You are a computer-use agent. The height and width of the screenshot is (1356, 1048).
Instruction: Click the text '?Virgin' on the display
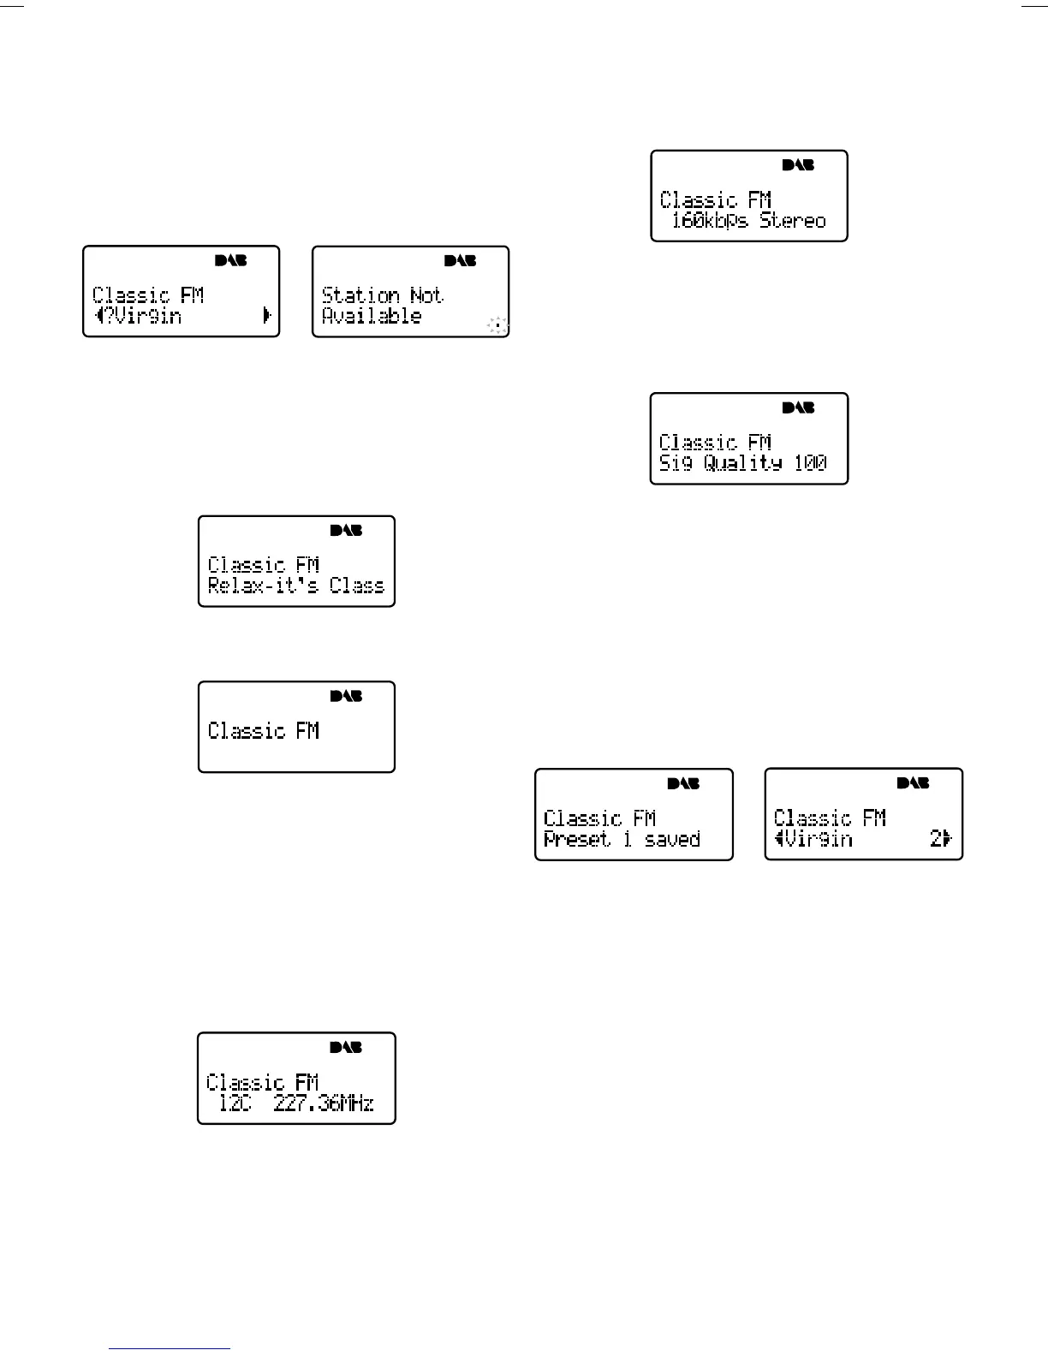click(x=144, y=316)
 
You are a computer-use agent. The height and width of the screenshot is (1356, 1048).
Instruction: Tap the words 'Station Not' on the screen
click(x=382, y=295)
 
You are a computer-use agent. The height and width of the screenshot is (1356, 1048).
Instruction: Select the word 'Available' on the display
click(x=372, y=316)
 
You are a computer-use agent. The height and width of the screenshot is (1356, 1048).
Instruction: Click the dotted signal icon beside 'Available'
click(x=497, y=325)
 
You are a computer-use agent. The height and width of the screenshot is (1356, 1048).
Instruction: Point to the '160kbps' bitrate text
click(x=710, y=221)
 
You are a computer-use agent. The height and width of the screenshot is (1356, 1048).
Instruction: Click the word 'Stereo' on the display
click(x=793, y=221)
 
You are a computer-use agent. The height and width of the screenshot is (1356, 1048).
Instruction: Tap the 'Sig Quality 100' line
click(x=742, y=463)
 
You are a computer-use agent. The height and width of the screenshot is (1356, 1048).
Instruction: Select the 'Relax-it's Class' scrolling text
click(x=296, y=586)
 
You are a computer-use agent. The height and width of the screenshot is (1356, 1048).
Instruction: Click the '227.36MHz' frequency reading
click(x=324, y=1103)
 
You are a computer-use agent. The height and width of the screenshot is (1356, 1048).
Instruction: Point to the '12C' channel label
click(x=235, y=1103)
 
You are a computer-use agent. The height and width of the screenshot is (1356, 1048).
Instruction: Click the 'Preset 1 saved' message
click(x=622, y=840)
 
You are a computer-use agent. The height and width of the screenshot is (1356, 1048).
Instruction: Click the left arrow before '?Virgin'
click(x=99, y=316)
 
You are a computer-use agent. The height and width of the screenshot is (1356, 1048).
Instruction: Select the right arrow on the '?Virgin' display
click(x=267, y=316)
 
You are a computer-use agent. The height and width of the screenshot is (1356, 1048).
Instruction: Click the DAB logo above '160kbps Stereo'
click(x=798, y=164)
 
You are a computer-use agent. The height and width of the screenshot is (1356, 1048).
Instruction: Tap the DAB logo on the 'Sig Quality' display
click(x=798, y=407)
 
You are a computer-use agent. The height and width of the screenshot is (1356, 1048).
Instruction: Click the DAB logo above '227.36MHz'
click(x=346, y=1047)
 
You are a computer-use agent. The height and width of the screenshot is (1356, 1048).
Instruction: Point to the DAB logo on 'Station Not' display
click(x=460, y=260)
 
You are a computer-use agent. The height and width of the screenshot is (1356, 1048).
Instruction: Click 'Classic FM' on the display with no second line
click(x=264, y=731)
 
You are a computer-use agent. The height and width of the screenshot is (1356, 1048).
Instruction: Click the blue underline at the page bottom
click(x=170, y=1348)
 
